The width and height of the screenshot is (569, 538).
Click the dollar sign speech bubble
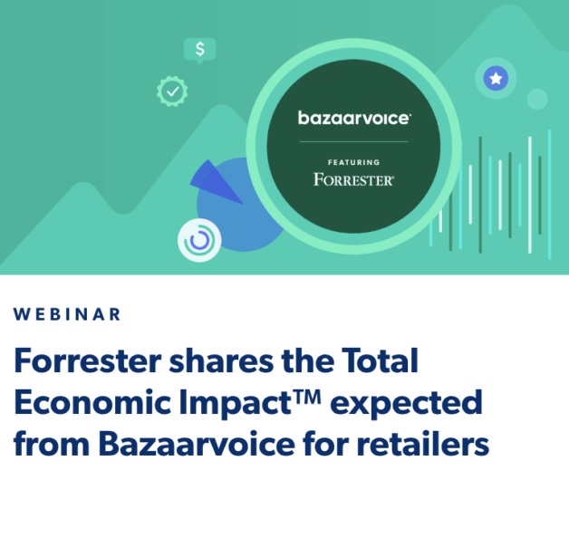199,49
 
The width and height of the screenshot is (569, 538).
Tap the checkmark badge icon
171,91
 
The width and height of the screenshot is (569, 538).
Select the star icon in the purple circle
496,79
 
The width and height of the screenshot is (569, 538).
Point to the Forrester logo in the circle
354,178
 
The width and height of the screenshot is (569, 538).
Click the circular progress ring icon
199,241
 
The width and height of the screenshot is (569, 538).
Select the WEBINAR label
67,314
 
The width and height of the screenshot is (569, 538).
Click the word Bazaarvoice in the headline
181,444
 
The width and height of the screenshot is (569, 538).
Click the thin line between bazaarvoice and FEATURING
354,141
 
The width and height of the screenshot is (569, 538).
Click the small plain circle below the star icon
537,99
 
